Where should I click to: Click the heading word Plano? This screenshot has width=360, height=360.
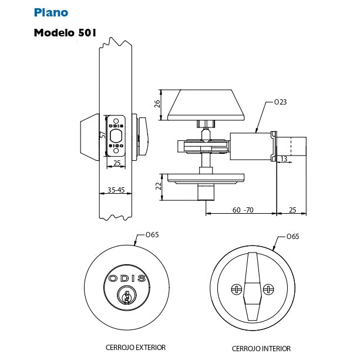[x=51, y=12]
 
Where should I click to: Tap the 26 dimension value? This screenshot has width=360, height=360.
[x=157, y=105]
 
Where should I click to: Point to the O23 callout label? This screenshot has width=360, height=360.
[x=281, y=102]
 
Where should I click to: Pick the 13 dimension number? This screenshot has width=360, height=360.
[x=284, y=159]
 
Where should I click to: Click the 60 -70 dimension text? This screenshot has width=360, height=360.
[x=242, y=209]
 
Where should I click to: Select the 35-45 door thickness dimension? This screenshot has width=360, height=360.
[x=115, y=190]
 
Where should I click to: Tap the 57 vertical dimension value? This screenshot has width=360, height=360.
[x=103, y=135]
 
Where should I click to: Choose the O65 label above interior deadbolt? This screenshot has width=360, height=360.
[x=292, y=237]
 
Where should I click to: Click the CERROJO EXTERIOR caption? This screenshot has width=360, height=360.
[x=136, y=347]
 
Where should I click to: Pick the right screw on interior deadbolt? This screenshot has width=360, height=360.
[x=268, y=289]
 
